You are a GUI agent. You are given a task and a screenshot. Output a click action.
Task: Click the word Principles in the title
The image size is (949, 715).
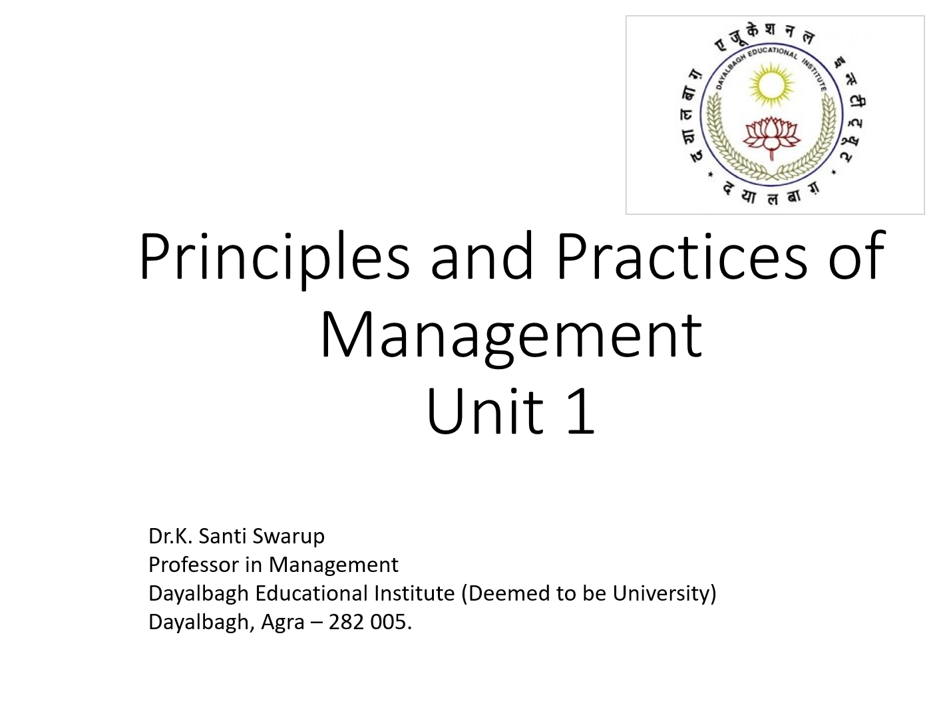[x=274, y=257]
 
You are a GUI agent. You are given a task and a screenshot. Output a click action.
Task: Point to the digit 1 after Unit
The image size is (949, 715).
[x=580, y=412]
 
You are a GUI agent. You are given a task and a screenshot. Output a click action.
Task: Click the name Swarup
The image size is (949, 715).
[x=288, y=537]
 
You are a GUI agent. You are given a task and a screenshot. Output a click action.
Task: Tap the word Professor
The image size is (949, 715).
[x=193, y=565]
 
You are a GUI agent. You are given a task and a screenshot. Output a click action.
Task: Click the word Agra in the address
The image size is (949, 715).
[x=283, y=623]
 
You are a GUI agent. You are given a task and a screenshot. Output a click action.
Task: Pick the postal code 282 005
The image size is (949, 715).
[x=369, y=622]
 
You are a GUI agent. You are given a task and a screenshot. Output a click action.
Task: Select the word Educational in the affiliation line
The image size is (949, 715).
[x=311, y=593]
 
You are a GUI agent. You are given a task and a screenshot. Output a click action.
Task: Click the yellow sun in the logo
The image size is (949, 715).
[x=771, y=84]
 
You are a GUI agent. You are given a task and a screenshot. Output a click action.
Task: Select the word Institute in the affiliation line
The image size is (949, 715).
[x=414, y=593]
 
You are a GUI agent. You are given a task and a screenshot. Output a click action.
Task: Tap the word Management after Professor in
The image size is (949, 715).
[x=333, y=565]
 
